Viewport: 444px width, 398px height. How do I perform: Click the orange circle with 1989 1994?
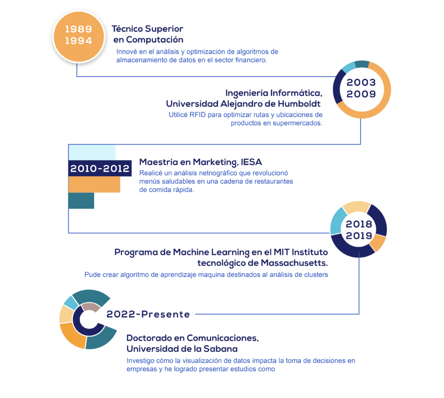click(79, 36)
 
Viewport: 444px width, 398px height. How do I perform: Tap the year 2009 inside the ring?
click(361, 94)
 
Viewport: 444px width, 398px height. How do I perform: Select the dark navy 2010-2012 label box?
click(100, 168)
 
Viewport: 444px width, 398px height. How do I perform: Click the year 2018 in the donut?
click(359, 224)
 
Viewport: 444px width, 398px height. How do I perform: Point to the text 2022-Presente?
click(148, 314)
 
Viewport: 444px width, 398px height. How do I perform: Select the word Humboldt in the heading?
click(299, 104)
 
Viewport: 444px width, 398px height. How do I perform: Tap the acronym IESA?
click(251, 162)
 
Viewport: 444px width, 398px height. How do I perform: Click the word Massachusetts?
click(294, 263)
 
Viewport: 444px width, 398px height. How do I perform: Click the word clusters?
click(316, 275)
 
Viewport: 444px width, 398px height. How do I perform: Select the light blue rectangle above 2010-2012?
click(92, 152)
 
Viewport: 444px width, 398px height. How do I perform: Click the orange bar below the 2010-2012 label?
click(94, 184)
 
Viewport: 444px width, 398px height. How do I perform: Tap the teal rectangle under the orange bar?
click(81, 201)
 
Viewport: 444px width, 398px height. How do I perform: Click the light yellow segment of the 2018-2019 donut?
click(356, 207)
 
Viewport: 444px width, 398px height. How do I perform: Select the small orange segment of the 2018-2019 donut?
click(379, 243)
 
